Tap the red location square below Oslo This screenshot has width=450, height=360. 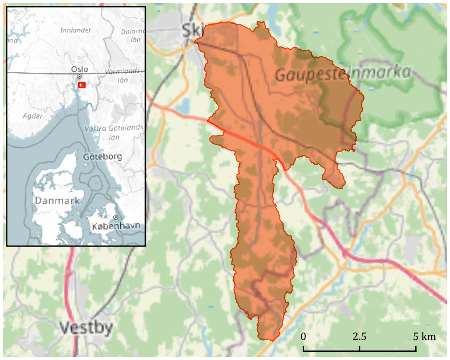click(82, 85)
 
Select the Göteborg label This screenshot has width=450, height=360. click(102, 157)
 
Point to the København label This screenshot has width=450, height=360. click(116, 226)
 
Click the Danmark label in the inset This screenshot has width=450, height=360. click(58, 200)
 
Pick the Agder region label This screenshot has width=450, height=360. click(32, 116)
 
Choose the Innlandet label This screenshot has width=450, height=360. click(75, 30)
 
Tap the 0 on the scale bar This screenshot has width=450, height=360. click(304, 337)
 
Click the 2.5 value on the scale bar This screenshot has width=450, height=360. click(359, 337)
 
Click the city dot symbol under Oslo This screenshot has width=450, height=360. click(79, 76)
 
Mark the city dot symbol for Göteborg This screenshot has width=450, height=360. click(102, 150)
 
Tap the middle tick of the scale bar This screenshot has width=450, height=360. click(359, 349)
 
